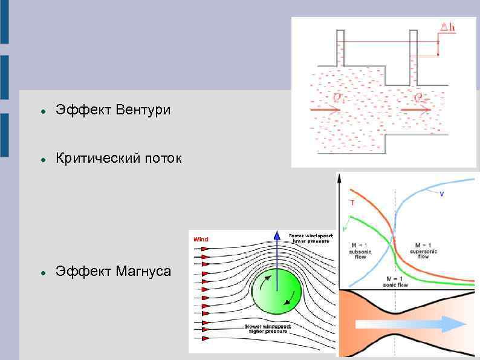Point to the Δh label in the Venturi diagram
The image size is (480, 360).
pyautogui.click(x=448, y=27)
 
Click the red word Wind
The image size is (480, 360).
pyautogui.click(x=201, y=240)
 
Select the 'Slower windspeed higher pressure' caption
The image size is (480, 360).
pyautogui.click(x=268, y=329)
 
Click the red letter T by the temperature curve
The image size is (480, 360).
pyautogui.click(x=352, y=203)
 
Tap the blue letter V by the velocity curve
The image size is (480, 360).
pyautogui.click(x=441, y=194)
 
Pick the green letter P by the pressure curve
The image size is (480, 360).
pyautogui.click(x=345, y=228)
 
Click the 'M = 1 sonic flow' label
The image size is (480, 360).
pyautogui.click(x=396, y=281)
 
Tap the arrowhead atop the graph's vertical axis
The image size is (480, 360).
pyautogui.click(x=339, y=177)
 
